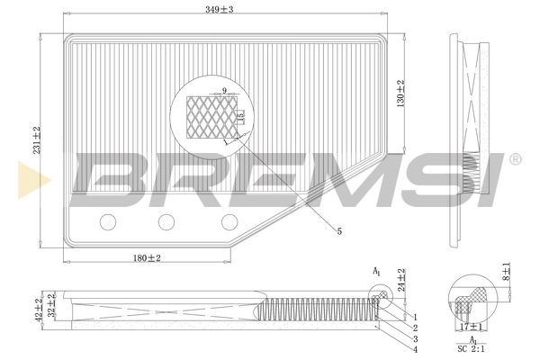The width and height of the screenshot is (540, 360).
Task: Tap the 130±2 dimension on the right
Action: [400, 92]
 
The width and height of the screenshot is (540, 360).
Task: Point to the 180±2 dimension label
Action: [146, 258]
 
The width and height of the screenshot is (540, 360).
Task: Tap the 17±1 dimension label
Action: [466, 327]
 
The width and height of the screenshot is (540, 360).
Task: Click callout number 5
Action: [338, 232]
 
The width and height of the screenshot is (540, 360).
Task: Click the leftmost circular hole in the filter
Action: [109, 221]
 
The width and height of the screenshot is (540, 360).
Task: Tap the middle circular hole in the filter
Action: [166, 221]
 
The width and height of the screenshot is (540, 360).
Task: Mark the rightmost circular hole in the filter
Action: [229, 221]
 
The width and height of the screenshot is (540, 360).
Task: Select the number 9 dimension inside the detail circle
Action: [223, 91]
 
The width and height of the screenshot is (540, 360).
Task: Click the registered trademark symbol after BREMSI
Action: [515, 159]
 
